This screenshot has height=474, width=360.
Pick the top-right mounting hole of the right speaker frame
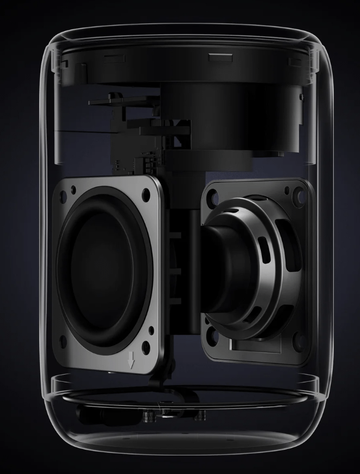(x=297, y=191)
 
